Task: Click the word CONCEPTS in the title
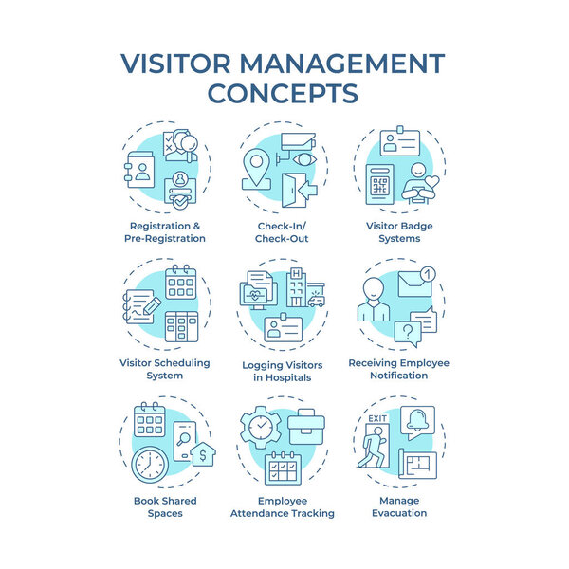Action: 283,94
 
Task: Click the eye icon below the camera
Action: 304,159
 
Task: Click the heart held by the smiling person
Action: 431,181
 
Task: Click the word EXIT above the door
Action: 377,418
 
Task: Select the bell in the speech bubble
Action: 417,420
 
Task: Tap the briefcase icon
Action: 306,427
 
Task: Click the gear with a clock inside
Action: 261,427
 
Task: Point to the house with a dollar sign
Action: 203,453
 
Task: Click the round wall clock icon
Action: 150,466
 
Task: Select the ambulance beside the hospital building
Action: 316,301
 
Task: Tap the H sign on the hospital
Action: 297,273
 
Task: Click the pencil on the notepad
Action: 152,306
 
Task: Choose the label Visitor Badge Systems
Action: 399,232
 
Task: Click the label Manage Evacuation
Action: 399,507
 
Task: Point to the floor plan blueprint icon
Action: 418,464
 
